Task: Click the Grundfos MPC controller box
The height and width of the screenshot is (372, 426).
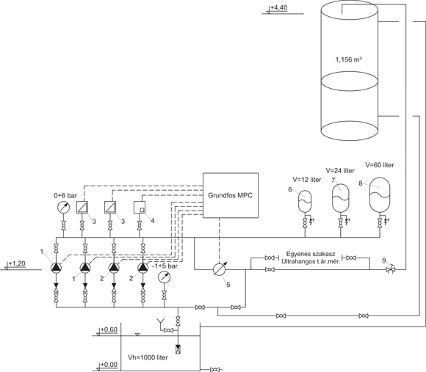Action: (x=231, y=195)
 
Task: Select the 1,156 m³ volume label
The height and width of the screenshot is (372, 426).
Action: (x=349, y=59)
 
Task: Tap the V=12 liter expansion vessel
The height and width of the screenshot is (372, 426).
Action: (x=305, y=201)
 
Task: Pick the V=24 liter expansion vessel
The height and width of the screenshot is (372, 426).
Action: (x=341, y=197)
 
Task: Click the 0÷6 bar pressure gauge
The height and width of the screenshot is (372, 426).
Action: (x=64, y=208)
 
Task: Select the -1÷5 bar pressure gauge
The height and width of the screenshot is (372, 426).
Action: (x=164, y=277)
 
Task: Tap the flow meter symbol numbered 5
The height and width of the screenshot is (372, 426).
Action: (x=220, y=269)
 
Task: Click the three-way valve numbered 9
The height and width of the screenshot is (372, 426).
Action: (x=391, y=269)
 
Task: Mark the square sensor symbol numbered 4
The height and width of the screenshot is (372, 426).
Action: (x=140, y=208)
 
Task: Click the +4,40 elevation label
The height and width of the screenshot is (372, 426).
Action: (x=279, y=7)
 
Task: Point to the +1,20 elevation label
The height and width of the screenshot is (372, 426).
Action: (x=17, y=263)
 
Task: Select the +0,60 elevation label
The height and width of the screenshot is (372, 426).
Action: (x=109, y=329)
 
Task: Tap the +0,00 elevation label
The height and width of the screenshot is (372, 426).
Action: (x=109, y=365)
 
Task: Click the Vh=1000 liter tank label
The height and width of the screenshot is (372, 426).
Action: (x=148, y=357)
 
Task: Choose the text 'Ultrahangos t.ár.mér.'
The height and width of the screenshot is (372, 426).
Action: (x=311, y=263)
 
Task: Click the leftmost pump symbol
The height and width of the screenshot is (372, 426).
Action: (x=56, y=268)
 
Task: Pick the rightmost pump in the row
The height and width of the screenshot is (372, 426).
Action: (x=143, y=268)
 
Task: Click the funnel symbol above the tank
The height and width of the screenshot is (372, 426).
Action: (x=160, y=322)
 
